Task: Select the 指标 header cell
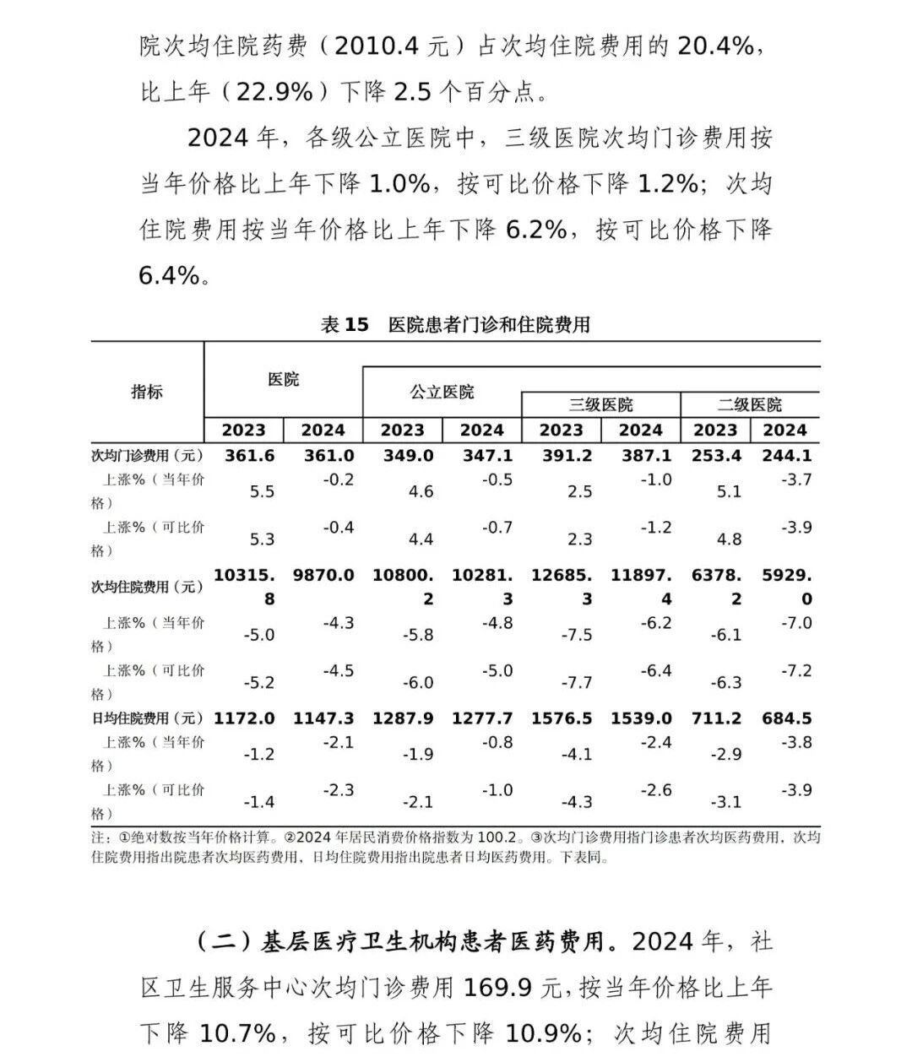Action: [x=147, y=392]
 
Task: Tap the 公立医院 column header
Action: [x=442, y=392]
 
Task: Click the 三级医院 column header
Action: [x=600, y=405]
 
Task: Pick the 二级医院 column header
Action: [x=749, y=405]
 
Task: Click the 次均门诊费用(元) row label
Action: [x=147, y=456]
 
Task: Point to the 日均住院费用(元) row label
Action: [x=147, y=719]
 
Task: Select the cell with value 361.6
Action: [x=244, y=456]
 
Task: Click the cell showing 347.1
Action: [x=482, y=456]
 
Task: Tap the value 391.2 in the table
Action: [x=561, y=456]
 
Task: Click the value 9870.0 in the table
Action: [x=323, y=576]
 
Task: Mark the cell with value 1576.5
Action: [x=561, y=719]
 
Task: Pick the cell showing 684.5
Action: [x=785, y=719]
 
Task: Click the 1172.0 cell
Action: [x=244, y=719]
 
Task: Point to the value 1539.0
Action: [x=641, y=719]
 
